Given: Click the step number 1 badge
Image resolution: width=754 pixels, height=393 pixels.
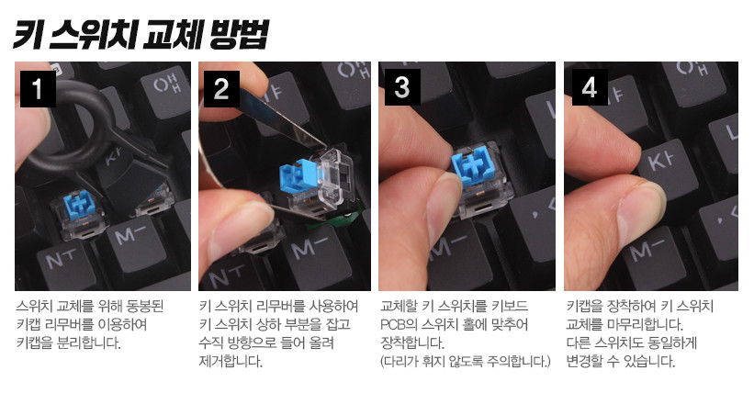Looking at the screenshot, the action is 38,88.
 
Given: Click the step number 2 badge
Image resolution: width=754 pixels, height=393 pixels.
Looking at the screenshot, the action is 221,88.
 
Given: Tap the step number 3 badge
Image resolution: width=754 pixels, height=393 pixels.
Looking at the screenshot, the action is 402,87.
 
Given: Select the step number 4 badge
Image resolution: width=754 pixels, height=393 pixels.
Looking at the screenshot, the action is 590,87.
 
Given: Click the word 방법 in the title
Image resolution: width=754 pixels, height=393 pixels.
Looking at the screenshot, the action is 238,35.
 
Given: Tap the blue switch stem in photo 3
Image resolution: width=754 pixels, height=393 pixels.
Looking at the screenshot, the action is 473,168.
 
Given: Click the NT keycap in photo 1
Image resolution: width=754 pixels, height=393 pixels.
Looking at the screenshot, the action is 67,266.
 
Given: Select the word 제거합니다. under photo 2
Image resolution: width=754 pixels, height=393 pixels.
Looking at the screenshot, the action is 231,361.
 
